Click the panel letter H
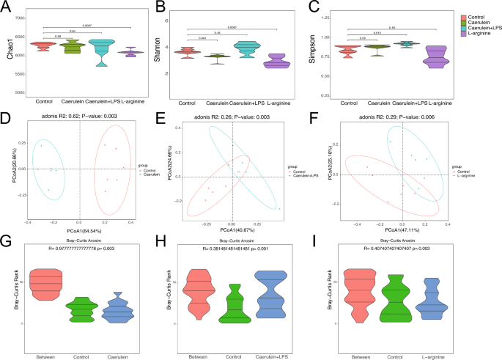(160, 242)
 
